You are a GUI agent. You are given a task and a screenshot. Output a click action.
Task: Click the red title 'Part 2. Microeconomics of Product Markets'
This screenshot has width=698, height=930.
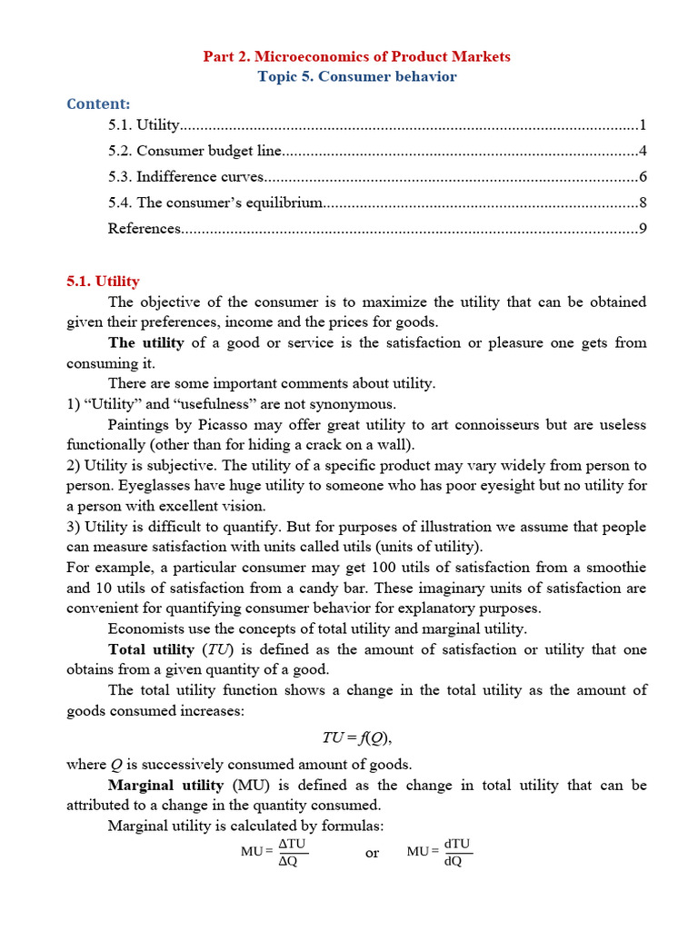coord(357,56)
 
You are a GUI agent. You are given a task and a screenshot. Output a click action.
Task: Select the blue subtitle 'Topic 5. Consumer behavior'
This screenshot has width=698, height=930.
coord(357,76)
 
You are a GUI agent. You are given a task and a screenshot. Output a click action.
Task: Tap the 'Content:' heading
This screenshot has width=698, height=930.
coord(98,104)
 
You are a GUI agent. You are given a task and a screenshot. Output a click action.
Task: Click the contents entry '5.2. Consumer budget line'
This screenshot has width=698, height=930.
coord(194,151)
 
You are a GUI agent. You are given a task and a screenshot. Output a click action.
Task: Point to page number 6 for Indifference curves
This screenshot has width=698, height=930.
coord(643,176)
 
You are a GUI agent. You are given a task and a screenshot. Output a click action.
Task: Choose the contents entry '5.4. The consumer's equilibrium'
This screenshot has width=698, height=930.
coord(215,203)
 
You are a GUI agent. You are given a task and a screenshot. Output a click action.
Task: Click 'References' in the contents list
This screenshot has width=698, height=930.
coord(145,228)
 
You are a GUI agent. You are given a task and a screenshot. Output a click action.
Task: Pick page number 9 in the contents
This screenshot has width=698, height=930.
coord(643,228)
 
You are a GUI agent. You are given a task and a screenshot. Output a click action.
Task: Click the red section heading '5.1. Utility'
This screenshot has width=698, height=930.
coord(103,282)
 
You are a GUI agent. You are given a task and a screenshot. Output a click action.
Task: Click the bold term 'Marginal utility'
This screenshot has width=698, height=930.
coord(165,785)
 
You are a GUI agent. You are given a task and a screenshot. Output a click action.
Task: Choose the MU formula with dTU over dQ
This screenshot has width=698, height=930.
coord(440,852)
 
